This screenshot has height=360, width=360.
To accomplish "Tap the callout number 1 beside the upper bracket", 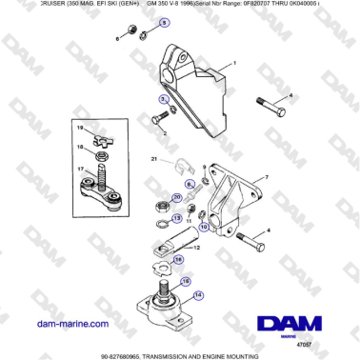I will pyautogui.click(x=231, y=64).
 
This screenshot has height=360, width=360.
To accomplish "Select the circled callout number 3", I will pyautogui.click(x=163, y=99).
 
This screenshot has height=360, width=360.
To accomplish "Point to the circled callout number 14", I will pyautogui.click(x=198, y=295).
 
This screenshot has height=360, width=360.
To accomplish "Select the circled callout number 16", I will pyautogui.click(x=186, y=283).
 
